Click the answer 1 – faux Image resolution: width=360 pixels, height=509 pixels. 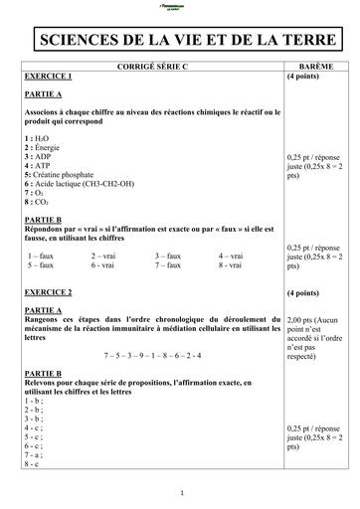(42, 255)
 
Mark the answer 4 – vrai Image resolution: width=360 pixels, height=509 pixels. (233, 255)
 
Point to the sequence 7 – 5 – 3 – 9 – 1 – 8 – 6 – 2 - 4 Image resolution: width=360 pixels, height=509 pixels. (153, 354)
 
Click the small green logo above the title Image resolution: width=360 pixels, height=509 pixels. (180, 7)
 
